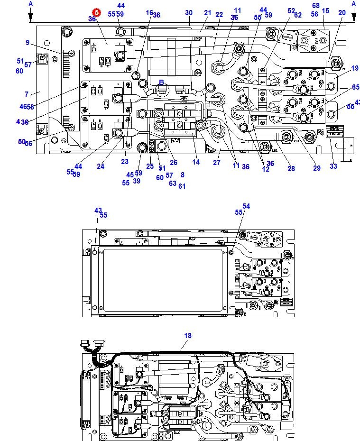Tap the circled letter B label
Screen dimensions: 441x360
click(x=161, y=83)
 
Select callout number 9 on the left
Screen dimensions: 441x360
click(x=28, y=43)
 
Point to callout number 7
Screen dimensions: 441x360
click(x=27, y=94)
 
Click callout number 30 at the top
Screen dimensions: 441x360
click(x=189, y=13)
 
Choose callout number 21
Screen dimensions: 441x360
click(x=208, y=13)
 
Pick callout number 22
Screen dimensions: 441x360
click(x=219, y=15)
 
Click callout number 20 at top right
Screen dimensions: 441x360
click(x=342, y=13)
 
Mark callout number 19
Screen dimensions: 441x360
click(x=355, y=69)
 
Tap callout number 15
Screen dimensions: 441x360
click(x=325, y=10)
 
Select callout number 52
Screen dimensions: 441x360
click(x=291, y=10)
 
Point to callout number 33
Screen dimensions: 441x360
click(x=333, y=166)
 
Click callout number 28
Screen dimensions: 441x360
click(x=291, y=168)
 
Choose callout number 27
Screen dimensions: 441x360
click(x=217, y=163)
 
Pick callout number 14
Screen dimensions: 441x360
click(x=196, y=163)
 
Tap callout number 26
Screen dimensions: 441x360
click(x=174, y=163)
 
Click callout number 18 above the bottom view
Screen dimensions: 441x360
click(x=188, y=336)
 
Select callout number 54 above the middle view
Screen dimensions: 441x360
click(x=246, y=206)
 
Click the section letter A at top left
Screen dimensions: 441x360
click(x=31, y=4)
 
